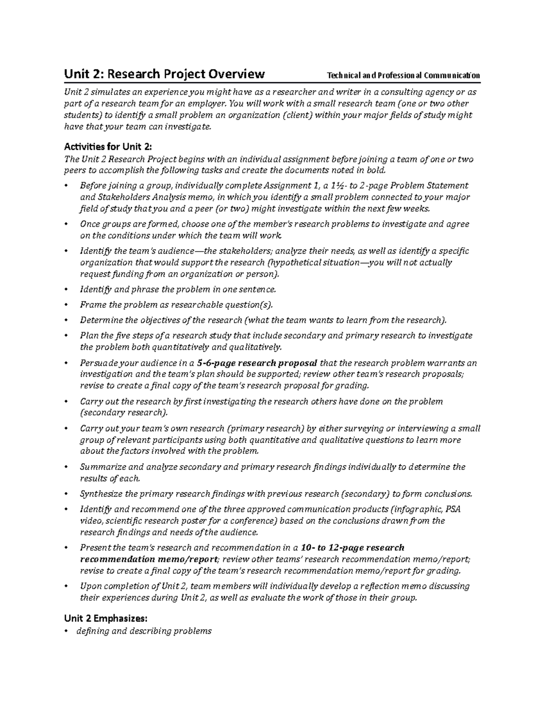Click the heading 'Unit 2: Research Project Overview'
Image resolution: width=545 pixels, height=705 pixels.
pos(164,74)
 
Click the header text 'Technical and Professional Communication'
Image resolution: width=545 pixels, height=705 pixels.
pos(403,75)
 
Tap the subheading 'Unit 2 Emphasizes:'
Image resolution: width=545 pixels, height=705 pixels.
pos(106,618)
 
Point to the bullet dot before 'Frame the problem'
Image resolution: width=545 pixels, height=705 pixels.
pos(66,305)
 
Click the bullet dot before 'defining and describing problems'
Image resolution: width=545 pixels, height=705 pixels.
pos(66,631)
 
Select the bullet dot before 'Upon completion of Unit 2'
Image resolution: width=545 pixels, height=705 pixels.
pos(66,587)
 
